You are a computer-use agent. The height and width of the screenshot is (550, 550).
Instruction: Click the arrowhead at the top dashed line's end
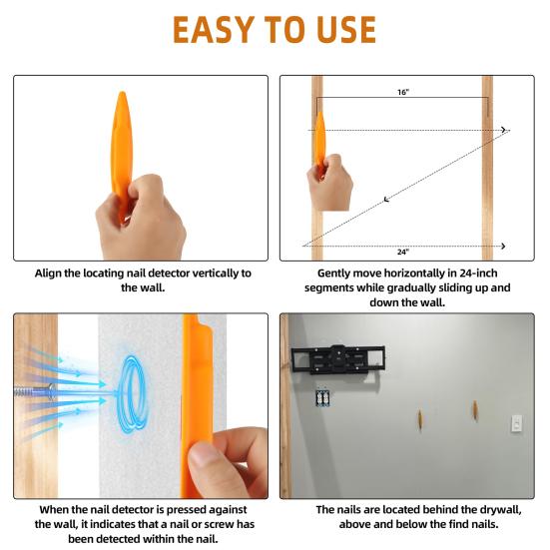505,130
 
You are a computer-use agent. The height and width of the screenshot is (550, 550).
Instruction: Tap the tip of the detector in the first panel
121,96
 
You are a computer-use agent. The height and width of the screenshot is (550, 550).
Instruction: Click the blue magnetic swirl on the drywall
131,389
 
